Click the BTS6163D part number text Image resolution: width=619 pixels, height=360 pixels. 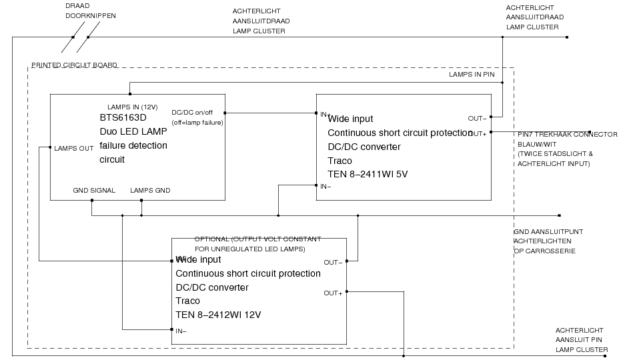(x=122, y=118)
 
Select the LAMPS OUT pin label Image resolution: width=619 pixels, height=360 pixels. (x=73, y=148)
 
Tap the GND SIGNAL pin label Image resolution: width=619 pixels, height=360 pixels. (x=94, y=191)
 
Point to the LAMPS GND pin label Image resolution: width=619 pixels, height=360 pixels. (x=150, y=191)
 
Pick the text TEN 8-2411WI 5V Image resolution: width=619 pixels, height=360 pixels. (x=367, y=175)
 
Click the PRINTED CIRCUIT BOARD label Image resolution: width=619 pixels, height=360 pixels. (x=74, y=65)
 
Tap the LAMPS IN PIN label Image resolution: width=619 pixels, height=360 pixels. (x=472, y=75)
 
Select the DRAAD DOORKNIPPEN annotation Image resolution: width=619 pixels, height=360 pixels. (x=85, y=11)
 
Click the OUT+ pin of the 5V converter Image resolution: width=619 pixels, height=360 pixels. (x=478, y=133)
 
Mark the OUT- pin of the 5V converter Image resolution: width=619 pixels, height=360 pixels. (x=478, y=119)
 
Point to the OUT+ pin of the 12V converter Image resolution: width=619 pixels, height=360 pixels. (x=334, y=293)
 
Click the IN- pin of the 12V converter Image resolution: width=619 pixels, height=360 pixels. (x=181, y=331)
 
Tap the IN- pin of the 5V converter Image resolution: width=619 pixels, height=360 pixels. (x=326, y=187)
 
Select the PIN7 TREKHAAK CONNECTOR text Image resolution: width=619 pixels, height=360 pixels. (x=568, y=134)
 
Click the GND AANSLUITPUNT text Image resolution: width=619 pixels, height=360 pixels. (x=548, y=232)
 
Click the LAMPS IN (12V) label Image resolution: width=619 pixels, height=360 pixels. (x=133, y=107)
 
